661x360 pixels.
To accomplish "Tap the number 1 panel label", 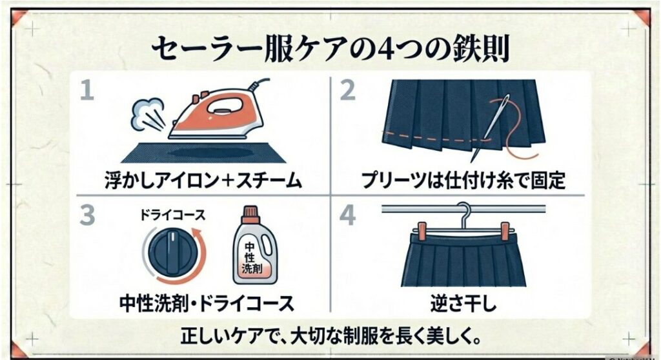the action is pos(87,90).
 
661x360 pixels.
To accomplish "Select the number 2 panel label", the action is pos(347,90).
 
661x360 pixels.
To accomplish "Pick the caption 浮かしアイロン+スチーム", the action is pos(203,181).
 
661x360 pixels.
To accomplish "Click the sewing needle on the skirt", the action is pos(491,127).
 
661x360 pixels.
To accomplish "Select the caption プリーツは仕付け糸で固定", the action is pos(463,181).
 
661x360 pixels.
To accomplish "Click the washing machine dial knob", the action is pos(173,252).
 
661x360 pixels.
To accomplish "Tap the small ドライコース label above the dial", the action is pos(172,215).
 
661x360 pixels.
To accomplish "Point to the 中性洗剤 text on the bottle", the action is pos(251,258).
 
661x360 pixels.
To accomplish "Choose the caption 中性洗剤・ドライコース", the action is pos(207,303).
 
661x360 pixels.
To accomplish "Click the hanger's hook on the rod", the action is pos(465,213).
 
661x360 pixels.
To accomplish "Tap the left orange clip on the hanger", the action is pos(422,231).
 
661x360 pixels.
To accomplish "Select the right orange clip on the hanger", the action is pos(505,231).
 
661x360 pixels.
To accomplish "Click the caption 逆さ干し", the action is pos(463,303).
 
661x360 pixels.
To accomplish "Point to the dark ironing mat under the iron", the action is pos(203,153).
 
